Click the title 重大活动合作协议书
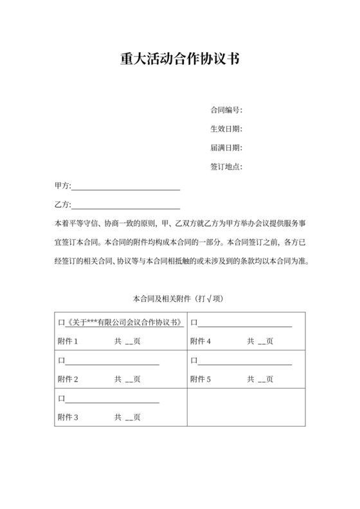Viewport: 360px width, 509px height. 179,59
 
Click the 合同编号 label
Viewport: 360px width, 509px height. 226,110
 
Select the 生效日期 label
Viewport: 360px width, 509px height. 226,129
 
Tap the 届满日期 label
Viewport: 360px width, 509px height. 226,148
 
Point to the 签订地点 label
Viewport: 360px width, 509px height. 226,167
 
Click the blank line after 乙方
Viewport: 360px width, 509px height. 125,206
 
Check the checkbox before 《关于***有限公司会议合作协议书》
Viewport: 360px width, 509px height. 61,323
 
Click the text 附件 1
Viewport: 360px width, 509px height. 68,341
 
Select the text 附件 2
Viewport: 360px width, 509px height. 68,379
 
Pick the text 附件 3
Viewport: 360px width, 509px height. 68,417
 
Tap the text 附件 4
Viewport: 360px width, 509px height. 201,341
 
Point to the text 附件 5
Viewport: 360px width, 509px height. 201,379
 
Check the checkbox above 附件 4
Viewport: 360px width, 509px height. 194,323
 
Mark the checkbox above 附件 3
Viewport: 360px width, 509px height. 61,398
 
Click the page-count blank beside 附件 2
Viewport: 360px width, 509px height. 129,380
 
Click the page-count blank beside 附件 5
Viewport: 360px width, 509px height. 262,380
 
